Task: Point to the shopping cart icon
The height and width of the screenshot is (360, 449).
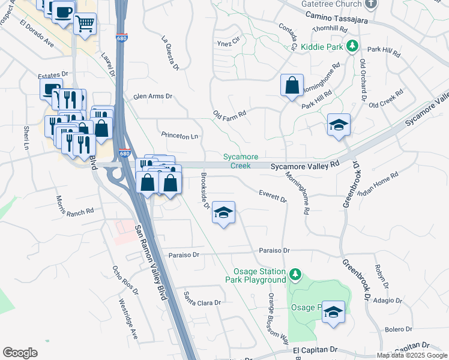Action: tap(85, 23)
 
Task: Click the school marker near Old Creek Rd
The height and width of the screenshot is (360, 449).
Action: tap(339, 125)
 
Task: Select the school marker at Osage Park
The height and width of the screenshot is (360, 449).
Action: tap(333, 311)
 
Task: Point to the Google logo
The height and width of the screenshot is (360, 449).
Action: tap(20, 353)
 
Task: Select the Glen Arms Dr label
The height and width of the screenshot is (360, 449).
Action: tap(152, 96)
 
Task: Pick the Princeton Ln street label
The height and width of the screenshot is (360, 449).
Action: tap(178, 136)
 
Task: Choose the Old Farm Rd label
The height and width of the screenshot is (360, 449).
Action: tap(230, 113)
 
